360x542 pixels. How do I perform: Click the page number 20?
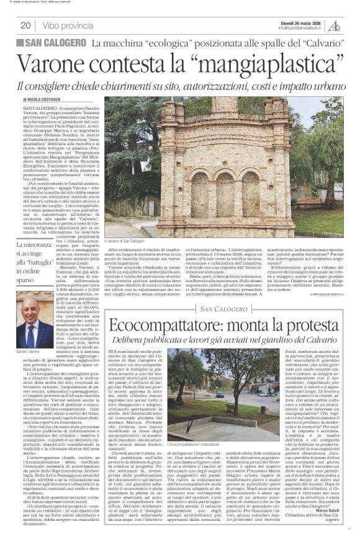(25, 26)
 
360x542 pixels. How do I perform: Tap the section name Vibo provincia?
(69, 26)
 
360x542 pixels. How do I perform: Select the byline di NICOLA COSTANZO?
(43, 99)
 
